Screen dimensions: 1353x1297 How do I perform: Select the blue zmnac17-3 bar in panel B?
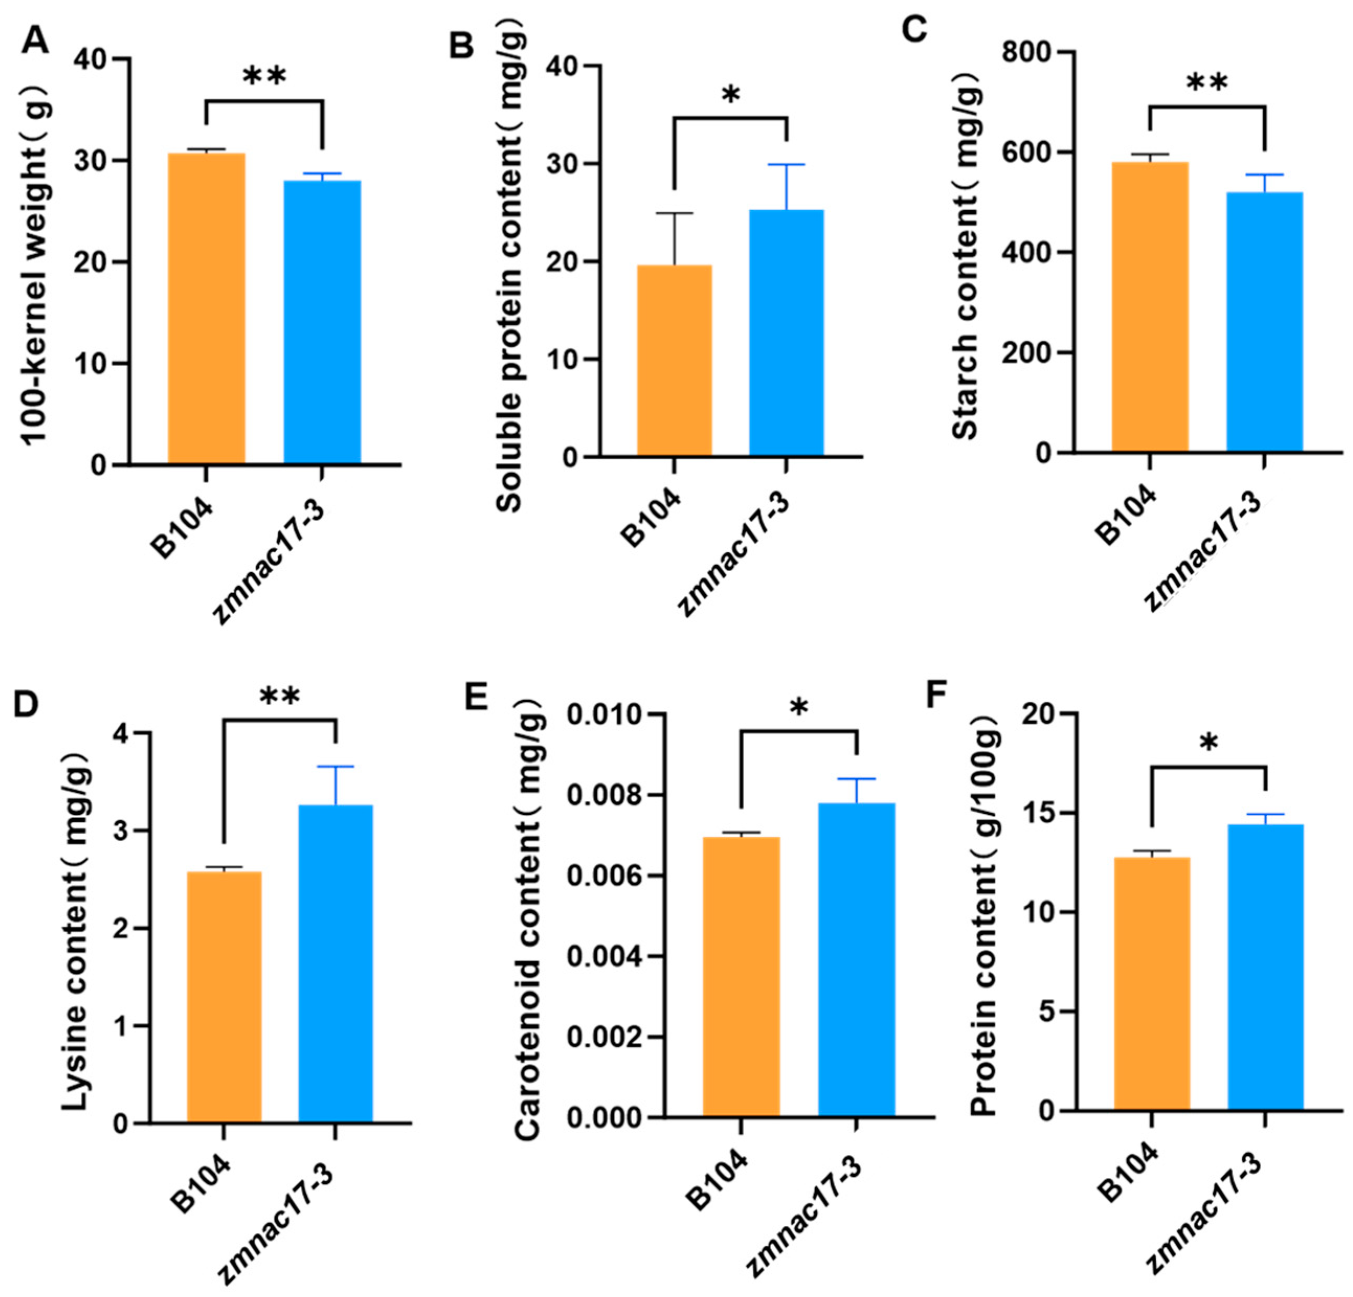786,333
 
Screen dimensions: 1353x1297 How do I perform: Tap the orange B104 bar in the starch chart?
1149,307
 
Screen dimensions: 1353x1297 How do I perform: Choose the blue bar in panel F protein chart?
1265,967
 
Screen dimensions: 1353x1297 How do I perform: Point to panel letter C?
915,30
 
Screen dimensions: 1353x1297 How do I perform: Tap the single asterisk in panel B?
730,95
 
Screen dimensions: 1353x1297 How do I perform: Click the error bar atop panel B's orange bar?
674,238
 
